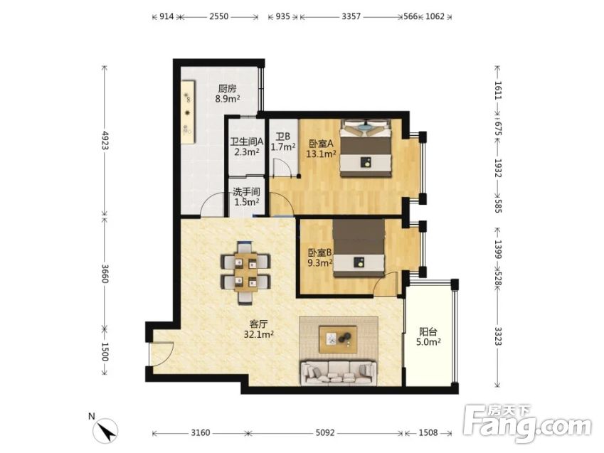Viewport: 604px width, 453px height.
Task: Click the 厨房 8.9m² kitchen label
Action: tap(228, 94)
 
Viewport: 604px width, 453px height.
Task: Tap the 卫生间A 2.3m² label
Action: tap(247, 146)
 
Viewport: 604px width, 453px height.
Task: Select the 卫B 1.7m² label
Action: tap(283, 142)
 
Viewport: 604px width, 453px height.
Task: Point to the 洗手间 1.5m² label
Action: tap(247, 196)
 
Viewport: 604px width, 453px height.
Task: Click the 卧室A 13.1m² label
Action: tap(321, 149)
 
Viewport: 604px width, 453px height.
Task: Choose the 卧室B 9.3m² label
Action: tap(320, 257)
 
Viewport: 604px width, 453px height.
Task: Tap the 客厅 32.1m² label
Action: tap(258, 329)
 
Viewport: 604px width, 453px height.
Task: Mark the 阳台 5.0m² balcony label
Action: tap(428, 336)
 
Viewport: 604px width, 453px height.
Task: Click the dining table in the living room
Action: tap(245, 273)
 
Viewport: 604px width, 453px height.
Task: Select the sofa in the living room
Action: tap(339, 373)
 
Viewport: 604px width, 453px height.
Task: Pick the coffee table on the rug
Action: tap(338, 339)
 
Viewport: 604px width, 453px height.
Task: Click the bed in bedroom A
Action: tap(366, 149)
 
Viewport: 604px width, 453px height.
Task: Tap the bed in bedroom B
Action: tap(359, 248)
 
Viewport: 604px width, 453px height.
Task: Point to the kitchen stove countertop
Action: tap(189, 112)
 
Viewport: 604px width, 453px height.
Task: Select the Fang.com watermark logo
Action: tap(527, 424)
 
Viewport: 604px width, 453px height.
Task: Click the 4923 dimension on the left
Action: tap(105, 140)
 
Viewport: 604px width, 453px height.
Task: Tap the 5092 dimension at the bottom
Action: tap(324, 432)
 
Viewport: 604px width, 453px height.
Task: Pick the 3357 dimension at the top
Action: tap(351, 16)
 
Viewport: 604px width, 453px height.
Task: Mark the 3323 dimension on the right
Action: tap(498, 336)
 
